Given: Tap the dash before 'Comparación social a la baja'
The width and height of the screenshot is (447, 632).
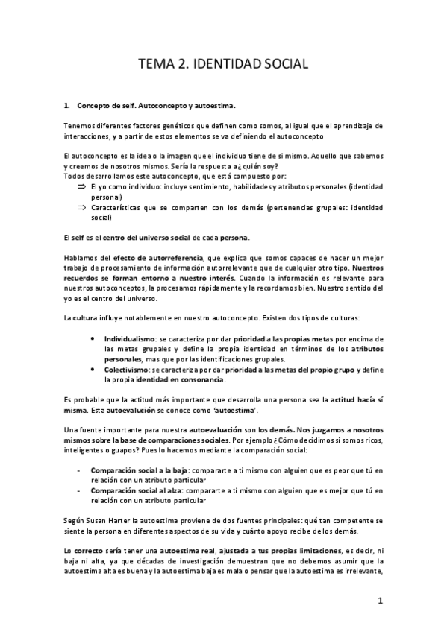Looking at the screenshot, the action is click(80, 470).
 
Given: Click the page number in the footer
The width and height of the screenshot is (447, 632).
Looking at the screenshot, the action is click(380, 600).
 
